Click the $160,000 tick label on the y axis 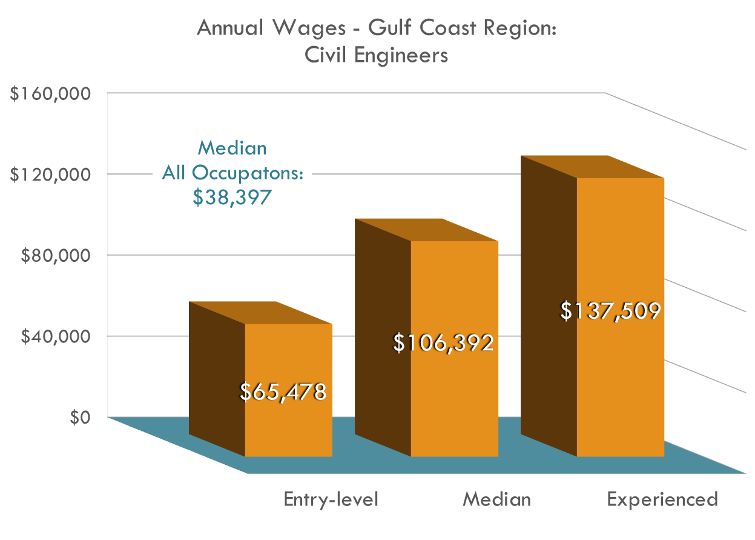(x=51, y=94)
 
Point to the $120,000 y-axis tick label (x=51, y=175)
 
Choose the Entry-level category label (x=331, y=499)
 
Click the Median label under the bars (x=496, y=499)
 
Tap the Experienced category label (x=662, y=499)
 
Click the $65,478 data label (x=283, y=392)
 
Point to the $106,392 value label (x=443, y=343)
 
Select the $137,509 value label (x=609, y=311)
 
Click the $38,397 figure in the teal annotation (x=232, y=198)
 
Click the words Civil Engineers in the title (x=376, y=55)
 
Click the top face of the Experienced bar (x=593, y=167)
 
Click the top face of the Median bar (x=427, y=230)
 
